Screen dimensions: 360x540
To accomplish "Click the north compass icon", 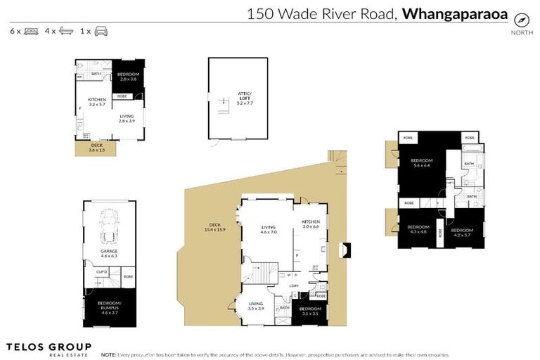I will (x=521, y=20).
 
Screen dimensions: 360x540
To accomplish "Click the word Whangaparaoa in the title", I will (x=454, y=13).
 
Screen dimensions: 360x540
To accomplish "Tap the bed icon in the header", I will (x=30, y=32).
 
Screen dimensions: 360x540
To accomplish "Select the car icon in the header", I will (x=101, y=32).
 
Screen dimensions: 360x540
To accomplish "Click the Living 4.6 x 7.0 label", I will (x=269, y=229).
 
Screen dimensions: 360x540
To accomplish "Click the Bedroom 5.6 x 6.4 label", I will (x=421, y=163).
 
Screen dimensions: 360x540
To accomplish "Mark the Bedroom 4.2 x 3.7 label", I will (x=462, y=233).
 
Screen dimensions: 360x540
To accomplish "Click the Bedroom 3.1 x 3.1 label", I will (x=310, y=311).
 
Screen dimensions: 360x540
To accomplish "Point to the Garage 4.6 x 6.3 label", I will (x=108, y=253).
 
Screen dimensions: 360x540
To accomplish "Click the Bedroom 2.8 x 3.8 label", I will (x=128, y=77).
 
